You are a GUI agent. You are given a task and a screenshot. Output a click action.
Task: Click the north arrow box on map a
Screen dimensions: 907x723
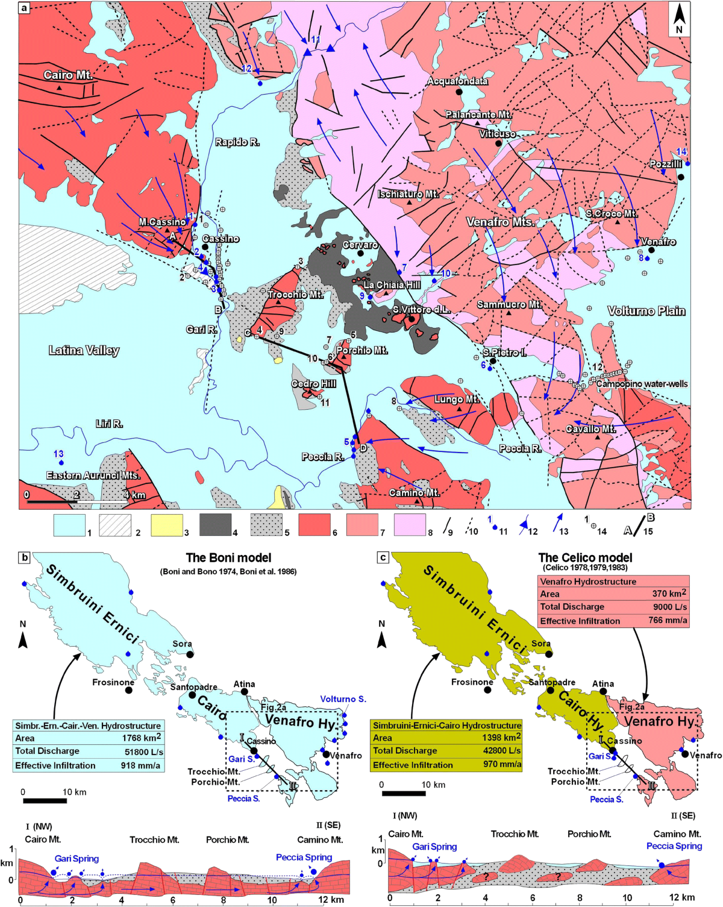pyautogui.click(x=679, y=19)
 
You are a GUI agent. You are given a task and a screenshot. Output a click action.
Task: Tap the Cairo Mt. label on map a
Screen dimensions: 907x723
pyautogui.click(x=68, y=75)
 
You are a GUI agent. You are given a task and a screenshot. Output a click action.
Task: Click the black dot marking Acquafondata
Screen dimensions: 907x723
pyautogui.click(x=459, y=92)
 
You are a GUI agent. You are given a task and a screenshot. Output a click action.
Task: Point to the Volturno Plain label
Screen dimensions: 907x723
pyautogui.click(x=646, y=311)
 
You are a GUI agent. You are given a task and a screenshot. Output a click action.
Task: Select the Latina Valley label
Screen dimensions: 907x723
pyautogui.click(x=84, y=350)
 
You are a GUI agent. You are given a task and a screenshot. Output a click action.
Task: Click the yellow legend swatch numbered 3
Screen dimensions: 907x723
pyautogui.click(x=166, y=525)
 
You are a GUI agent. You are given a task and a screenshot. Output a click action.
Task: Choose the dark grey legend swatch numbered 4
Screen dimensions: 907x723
pyautogui.click(x=216, y=525)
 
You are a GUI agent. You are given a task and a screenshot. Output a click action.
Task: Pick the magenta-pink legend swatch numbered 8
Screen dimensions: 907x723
pyautogui.click(x=410, y=525)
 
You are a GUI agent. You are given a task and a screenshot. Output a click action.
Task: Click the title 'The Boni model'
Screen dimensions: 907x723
pyautogui.click(x=228, y=558)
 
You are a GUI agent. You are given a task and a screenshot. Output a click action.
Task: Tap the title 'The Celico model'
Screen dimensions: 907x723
pyautogui.click(x=585, y=558)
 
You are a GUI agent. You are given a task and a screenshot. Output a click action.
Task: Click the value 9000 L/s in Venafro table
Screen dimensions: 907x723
pyautogui.click(x=669, y=607)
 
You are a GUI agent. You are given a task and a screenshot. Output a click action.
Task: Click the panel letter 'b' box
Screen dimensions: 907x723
pyautogui.click(x=25, y=557)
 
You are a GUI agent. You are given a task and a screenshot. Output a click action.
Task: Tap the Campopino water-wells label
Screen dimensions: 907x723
pyautogui.click(x=642, y=384)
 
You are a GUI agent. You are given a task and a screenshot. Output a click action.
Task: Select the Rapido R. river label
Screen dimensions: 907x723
pyautogui.click(x=237, y=142)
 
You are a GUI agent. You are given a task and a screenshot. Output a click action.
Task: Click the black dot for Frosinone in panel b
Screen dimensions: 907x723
pyautogui.click(x=129, y=689)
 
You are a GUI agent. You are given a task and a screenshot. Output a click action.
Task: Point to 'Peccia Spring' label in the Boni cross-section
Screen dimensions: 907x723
pyautogui.click(x=304, y=857)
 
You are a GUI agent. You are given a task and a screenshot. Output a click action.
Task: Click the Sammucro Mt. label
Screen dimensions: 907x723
pyautogui.click(x=509, y=304)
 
